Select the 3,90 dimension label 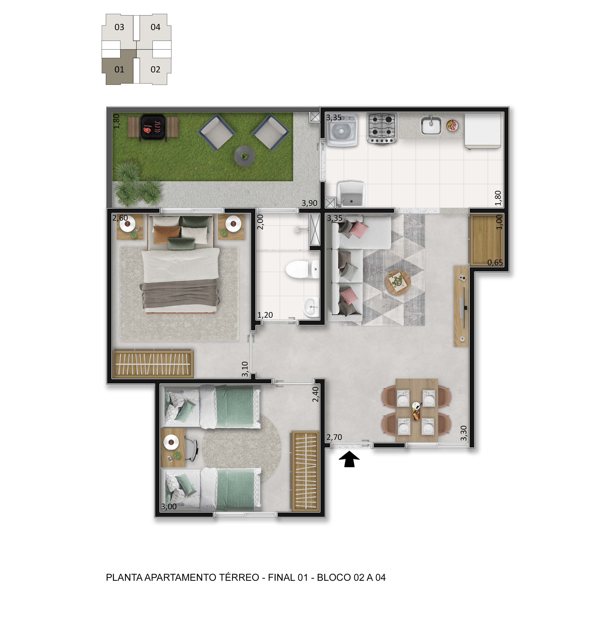tap(310, 203)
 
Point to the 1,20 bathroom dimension tap(265, 315)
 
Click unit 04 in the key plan tap(155, 27)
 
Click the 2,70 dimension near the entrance tap(334, 437)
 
